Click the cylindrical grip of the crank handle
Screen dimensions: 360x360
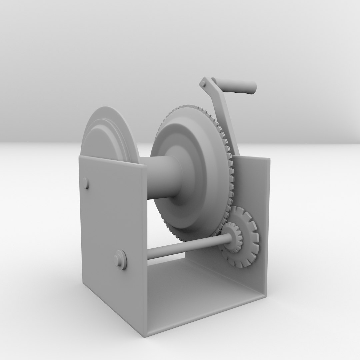235,86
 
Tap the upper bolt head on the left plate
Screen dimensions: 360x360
86,183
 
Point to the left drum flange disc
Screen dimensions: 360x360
107,133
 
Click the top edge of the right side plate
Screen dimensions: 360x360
253,158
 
